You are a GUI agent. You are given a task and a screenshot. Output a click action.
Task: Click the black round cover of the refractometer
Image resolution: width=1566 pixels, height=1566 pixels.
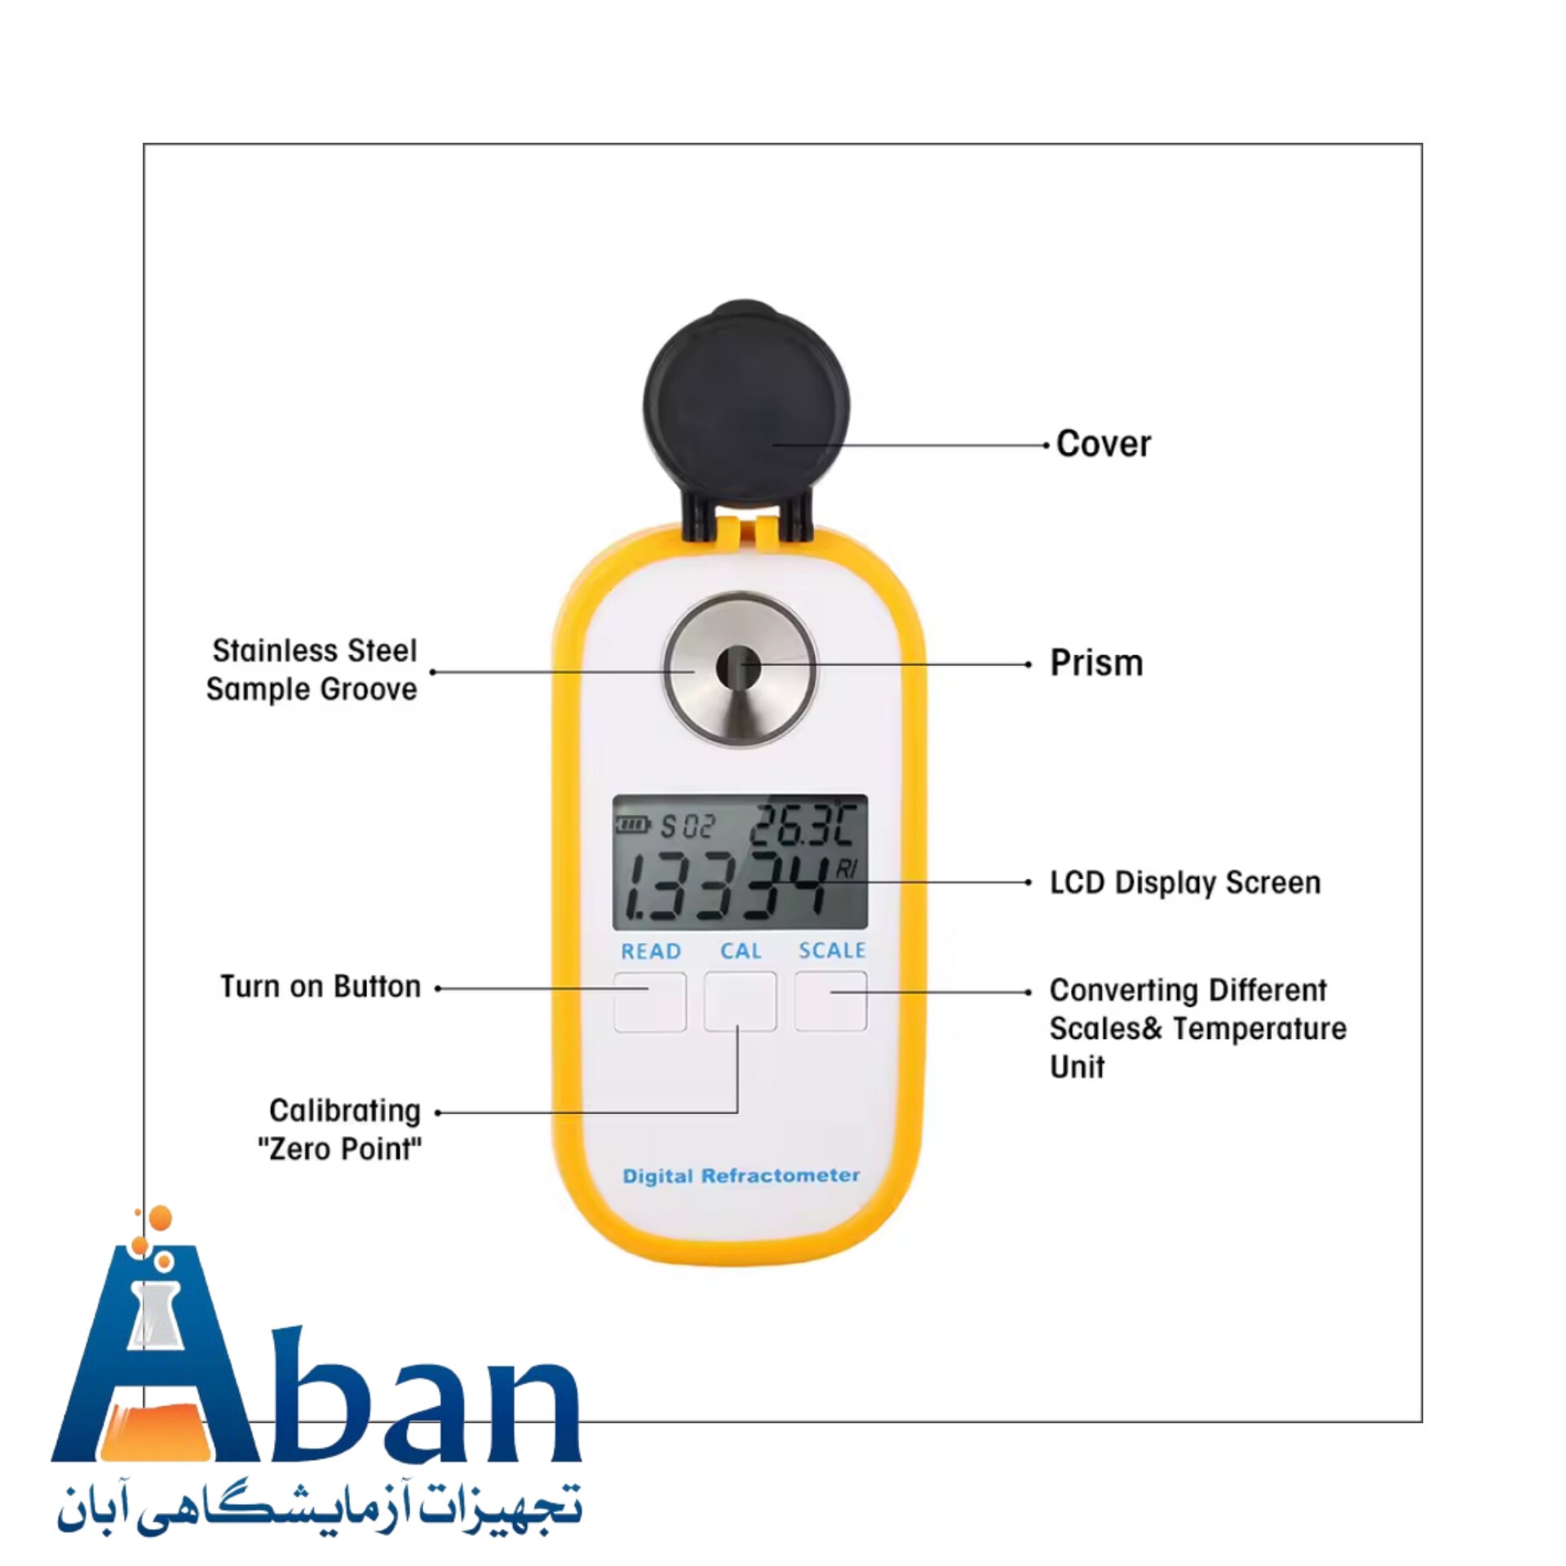(745, 408)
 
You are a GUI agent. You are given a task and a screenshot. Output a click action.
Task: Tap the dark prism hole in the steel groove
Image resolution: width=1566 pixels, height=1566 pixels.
(738, 667)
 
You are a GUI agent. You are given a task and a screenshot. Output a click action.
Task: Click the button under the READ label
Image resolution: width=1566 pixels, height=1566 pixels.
(649, 1001)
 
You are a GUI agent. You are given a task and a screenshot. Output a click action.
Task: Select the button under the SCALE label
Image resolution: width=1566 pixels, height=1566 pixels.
(830, 1001)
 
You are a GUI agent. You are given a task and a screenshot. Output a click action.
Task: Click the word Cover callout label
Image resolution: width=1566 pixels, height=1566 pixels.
(1104, 445)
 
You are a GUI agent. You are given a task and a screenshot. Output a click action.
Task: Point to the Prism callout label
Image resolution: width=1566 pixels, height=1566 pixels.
(1096, 663)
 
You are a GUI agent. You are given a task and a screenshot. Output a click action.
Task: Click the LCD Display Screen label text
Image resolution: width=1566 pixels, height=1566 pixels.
(1184, 883)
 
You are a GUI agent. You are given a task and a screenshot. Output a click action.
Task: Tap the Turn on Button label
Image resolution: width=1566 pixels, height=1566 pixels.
(321, 987)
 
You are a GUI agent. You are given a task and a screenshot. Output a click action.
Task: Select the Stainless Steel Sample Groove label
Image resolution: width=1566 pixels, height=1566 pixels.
(312, 670)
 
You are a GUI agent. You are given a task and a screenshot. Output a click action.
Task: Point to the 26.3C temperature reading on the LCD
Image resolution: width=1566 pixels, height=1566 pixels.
(802, 825)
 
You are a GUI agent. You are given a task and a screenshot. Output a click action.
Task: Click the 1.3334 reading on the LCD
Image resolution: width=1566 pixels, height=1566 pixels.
(726, 887)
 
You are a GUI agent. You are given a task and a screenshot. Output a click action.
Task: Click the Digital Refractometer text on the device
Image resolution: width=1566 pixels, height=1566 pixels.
(741, 1176)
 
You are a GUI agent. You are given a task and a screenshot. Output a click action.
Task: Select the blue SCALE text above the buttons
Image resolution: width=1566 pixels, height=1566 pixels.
(832, 950)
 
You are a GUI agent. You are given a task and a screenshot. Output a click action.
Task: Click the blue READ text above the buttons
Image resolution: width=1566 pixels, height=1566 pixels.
(651, 951)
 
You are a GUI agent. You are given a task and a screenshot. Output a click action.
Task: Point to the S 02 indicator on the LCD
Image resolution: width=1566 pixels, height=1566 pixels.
(687, 827)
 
